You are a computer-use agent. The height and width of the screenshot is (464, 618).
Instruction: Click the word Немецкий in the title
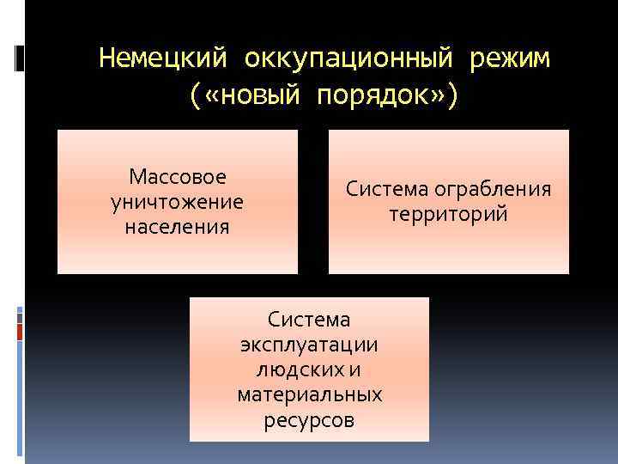click(x=164, y=59)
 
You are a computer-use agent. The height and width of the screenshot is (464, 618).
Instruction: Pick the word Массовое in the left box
click(x=178, y=177)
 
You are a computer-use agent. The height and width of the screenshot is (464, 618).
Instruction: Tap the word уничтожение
click(x=178, y=202)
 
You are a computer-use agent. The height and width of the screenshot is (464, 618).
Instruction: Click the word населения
click(x=178, y=227)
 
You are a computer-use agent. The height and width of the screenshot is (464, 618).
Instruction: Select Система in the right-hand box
click(x=388, y=189)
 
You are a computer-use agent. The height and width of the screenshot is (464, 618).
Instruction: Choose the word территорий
click(x=448, y=214)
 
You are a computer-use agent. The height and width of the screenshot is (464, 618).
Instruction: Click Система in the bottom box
click(x=309, y=320)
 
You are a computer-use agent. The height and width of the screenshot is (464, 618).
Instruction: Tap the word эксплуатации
click(x=309, y=345)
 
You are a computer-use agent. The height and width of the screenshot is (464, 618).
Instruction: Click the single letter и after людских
click(x=355, y=370)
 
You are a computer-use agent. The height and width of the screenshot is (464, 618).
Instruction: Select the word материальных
click(x=309, y=395)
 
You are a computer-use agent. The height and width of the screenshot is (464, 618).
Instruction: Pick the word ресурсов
click(x=309, y=421)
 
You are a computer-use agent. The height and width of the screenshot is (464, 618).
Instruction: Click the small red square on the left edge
click(x=20, y=329)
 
